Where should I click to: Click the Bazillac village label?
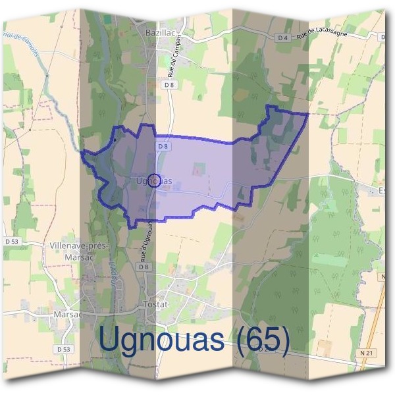[159, 31]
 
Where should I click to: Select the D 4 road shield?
[283, 38]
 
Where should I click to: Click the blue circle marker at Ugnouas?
[153, 180]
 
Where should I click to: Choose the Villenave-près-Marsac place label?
[78, 250]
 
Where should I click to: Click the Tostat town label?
[155, 305]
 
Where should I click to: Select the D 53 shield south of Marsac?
[64, 348]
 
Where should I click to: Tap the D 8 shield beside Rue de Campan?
[169, 84]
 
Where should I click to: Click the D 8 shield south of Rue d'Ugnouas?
[145, 267]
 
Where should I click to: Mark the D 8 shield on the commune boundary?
[163, 145]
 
